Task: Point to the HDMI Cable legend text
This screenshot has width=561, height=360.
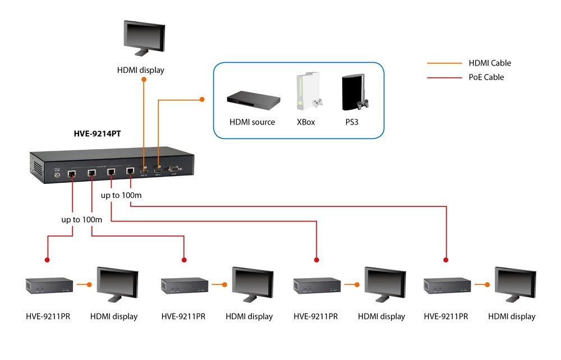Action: (x=490, y=63)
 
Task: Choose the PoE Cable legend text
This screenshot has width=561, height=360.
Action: (x=486, y=77)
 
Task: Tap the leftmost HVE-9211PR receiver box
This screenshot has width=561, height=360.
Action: (x=49, y=285)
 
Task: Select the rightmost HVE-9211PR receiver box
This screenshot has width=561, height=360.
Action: (x=447, y=285)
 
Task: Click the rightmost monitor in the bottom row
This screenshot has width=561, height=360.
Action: (x=515, y=287)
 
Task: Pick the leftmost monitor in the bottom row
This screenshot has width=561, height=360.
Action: (x=117, y=287)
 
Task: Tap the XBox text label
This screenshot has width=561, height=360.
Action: (x=306, y=122)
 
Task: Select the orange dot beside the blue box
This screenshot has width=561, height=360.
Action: (x=202, y=100)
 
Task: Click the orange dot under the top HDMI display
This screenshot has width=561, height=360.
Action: (x=144, y=80)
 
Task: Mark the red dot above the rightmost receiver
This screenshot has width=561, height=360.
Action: (x=447, y=260)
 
